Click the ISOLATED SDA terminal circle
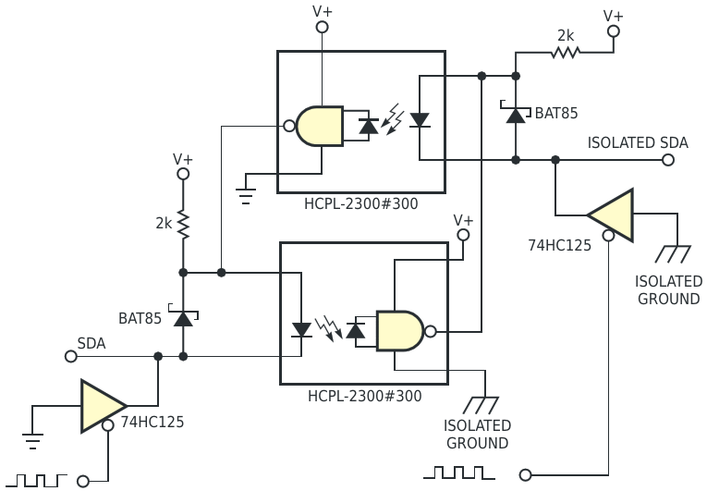coord(668,160)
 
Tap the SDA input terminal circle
coord(71,357)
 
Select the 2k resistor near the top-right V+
coord(565,53)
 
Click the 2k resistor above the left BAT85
coord(183,225)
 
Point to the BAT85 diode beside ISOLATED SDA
coord(516,114)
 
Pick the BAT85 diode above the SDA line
coord(183,316)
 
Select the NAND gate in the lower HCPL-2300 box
coord(399,331)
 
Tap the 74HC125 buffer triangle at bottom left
coord(104,406)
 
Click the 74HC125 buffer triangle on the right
coord(610,215)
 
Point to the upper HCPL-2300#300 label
coord(360,204)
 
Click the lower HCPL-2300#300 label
coord(364,397)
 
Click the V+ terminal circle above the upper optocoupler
coord(322,28)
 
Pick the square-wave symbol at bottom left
coord(36,480)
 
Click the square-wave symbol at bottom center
coord(459,473)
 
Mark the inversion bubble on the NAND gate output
coord(431,332)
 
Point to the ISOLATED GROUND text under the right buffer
coord(669,290)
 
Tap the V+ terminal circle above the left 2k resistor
coord(183,174)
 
